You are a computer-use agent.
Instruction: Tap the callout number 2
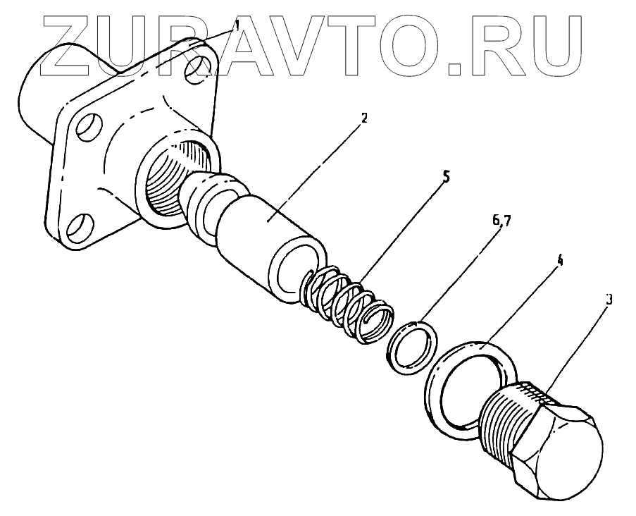[x=363, y=118]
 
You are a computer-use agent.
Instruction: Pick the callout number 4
[x=561, y=260]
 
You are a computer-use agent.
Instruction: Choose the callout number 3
[x=609, y=299]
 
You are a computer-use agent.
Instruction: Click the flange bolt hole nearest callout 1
[x=199, y=68]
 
